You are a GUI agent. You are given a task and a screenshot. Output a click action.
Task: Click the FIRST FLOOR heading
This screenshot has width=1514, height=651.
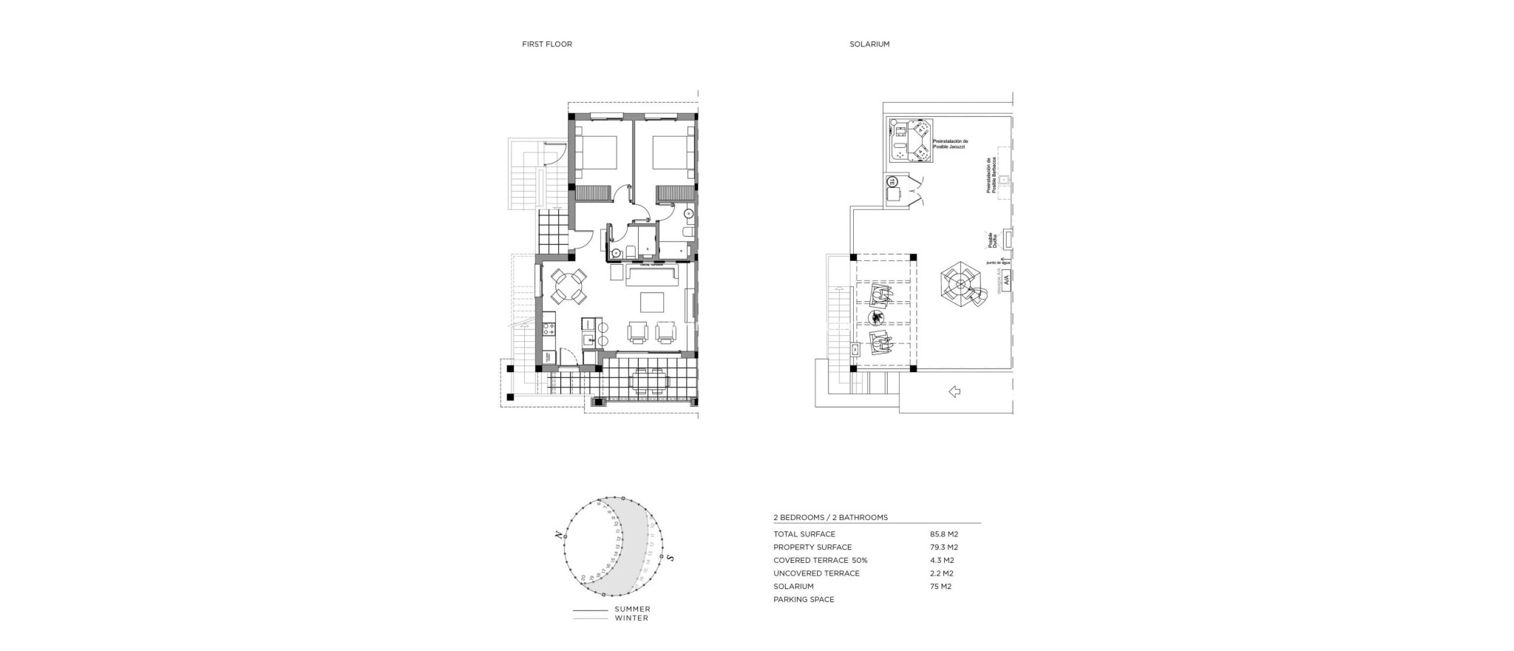(546, 44)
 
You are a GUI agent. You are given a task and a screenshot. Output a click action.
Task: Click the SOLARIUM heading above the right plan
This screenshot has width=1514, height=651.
(869, 44)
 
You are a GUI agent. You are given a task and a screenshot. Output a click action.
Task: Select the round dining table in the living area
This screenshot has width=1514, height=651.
(568, 286)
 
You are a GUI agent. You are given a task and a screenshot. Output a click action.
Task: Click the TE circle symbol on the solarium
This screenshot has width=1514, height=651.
(892, 181)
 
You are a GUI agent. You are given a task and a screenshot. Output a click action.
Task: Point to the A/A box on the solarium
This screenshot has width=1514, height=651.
(1005, 280)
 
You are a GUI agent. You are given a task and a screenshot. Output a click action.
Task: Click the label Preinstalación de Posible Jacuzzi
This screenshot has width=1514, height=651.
(950, 144)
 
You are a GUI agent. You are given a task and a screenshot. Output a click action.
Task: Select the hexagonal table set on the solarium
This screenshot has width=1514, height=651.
(961, 285)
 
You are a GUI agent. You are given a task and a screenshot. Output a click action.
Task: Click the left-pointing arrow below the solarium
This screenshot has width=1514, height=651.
(954, 391)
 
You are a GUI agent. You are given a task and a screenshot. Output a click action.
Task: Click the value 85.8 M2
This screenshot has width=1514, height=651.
(943, 534)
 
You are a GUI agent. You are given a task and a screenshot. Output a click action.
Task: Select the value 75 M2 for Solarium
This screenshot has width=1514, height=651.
(940, 587)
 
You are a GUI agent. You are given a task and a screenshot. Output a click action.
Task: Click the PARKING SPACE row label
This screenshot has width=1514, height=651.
(804, 600)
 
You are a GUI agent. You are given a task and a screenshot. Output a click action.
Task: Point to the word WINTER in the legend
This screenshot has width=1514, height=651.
(631, 618)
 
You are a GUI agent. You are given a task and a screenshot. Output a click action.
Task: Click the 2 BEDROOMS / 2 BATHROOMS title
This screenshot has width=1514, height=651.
(830, 518)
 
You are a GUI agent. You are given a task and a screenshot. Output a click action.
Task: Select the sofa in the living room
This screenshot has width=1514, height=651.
(653, 277)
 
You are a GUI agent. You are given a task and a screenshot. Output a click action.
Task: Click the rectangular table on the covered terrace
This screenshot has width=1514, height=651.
(648, 382)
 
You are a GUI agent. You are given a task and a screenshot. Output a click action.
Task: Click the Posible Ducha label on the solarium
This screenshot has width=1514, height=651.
(994, 240)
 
